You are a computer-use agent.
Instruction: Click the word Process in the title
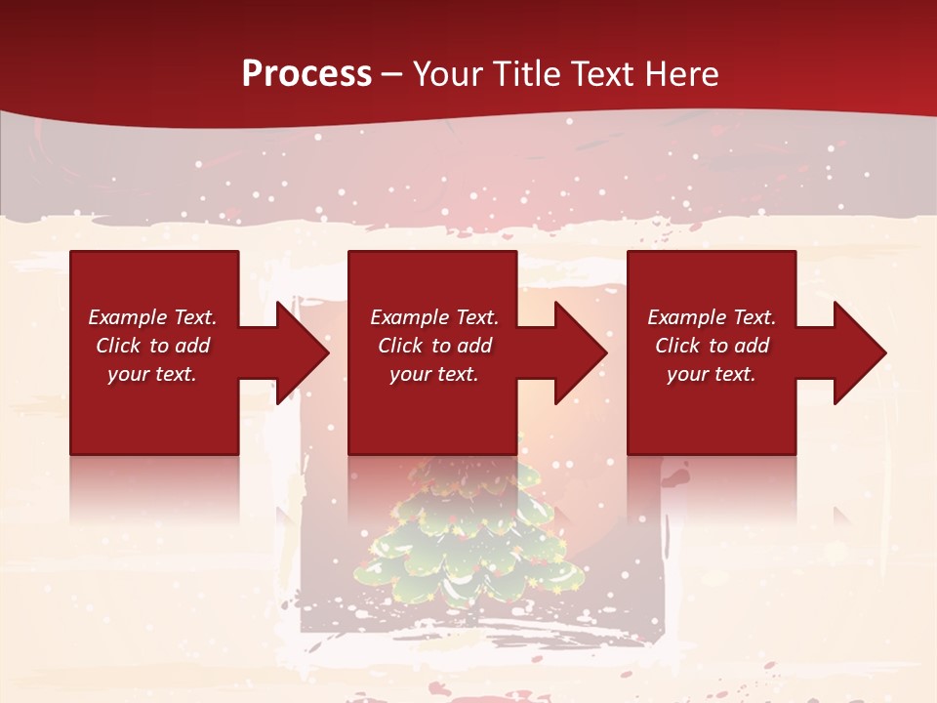click(x=306, y=74)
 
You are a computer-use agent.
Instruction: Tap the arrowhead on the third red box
click(x=858, y=352)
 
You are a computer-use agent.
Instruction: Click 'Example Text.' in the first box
click(x=152, y=317)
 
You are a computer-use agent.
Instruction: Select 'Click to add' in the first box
click(x=152, y=346)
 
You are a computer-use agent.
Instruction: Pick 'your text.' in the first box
click(x=152, y=374)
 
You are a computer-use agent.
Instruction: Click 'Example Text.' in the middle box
click(x=433, y=317)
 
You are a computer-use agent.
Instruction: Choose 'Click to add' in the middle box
click(x=433, y=346)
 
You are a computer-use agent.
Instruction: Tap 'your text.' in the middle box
click(x=433, y=374)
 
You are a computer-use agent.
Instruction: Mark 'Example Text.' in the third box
click(x=712, y=317)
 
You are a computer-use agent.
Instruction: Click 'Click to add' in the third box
click(x=712, y=346)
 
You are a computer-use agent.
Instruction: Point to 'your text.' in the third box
click(x=712, y=374)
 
